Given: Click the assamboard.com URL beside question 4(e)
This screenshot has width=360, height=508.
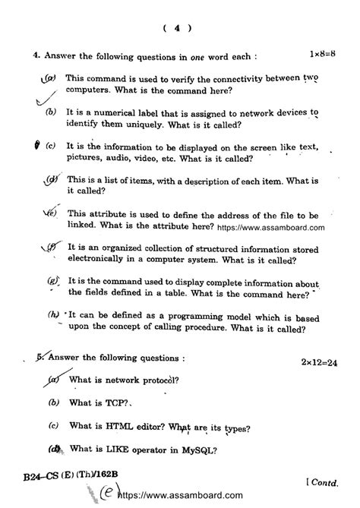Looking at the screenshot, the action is (271, 226).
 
